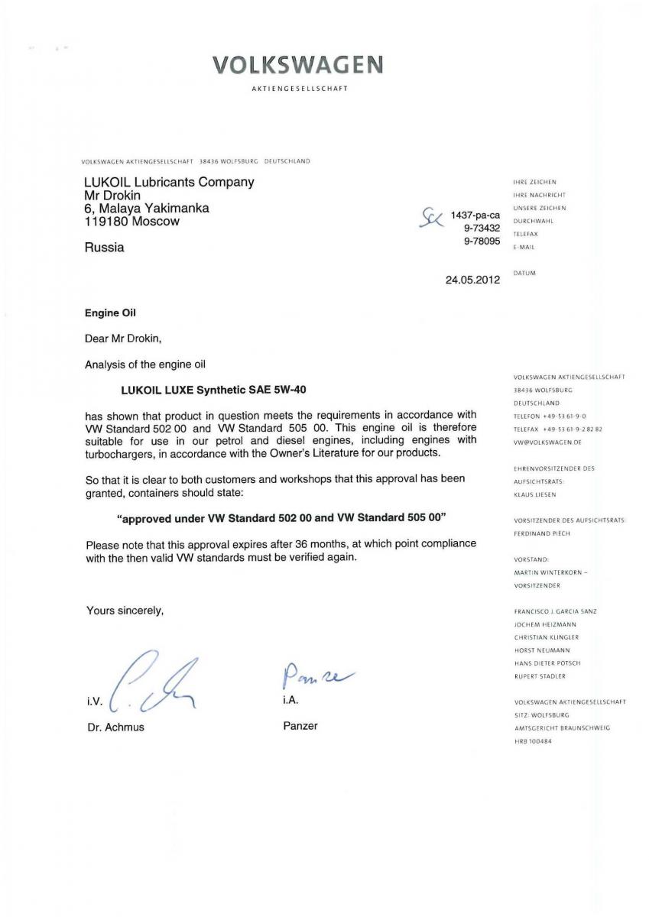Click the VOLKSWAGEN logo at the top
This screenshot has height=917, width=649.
(298, 65)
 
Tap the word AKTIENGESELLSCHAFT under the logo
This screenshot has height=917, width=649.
(299, 89)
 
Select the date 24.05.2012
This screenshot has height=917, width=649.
(472, 280)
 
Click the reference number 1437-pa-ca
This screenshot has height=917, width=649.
(475, 215)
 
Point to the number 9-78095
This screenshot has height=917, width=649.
(482, 240)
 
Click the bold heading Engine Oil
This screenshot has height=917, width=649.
(112, 313)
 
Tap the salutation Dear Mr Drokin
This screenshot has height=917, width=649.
(123, 338)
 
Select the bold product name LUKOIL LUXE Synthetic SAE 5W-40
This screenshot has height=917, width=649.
(214, 389)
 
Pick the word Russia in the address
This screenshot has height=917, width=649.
(103, 248)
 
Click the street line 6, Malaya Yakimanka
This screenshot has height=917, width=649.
(146, 208)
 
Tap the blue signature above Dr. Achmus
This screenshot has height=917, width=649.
(153, 679)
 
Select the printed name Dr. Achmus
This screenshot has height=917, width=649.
(115, 727)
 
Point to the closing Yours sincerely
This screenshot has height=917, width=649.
(125, 611)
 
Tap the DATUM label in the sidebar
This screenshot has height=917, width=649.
(524, 273)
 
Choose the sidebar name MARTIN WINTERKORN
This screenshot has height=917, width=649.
(550, 572)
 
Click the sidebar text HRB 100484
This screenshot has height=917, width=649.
(533, 741)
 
